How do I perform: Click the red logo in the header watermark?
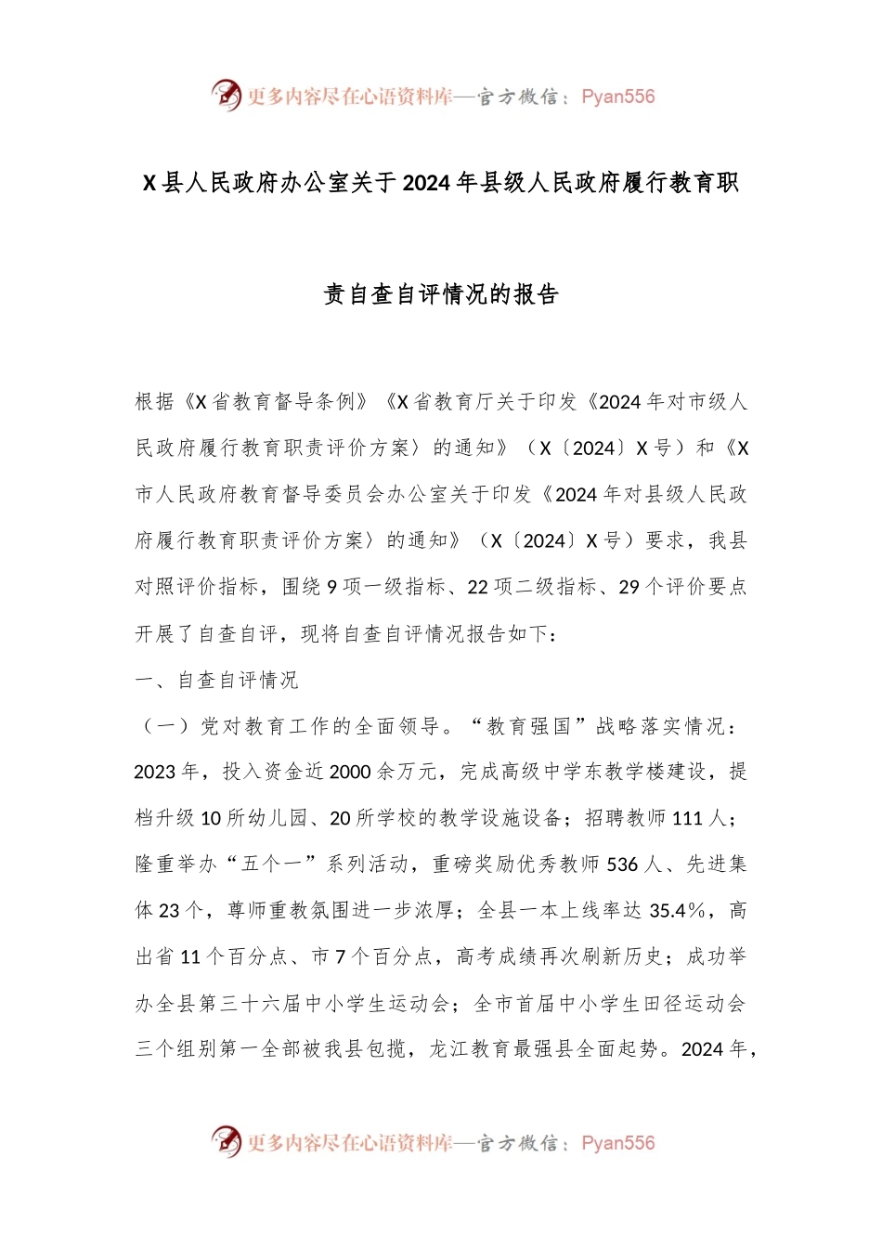coord(226,95)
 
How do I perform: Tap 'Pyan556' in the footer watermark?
coord(617,1143)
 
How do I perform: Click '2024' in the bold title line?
coord(429,183)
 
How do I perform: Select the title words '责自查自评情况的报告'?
coord(441,294)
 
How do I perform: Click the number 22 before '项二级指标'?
coord(477,587)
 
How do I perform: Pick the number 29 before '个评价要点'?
coord(629,587)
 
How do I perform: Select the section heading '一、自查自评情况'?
coord(216,680)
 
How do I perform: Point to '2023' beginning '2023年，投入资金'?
coord(155,772)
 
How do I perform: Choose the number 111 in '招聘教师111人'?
coord(687,818)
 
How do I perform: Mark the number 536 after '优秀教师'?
coord(622,864)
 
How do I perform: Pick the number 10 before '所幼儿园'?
coord(211,818)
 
